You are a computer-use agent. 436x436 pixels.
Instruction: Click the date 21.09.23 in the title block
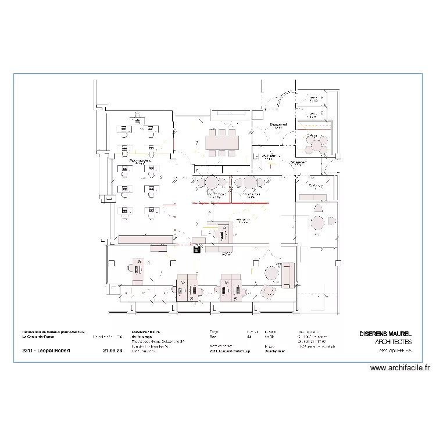coord(113,351)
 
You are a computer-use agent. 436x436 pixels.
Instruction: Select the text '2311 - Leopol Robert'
coord(47,351)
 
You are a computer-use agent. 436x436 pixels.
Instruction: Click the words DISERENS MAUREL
coord(385,334)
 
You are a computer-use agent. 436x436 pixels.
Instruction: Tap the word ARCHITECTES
coord(394,342)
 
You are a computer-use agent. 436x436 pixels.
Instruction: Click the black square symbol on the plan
coord(197,251)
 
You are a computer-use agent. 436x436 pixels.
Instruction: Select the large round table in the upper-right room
coord(316,144)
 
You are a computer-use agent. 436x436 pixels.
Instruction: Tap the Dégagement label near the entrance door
coord(278,125)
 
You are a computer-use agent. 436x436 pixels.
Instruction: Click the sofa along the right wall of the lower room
coord(287,274)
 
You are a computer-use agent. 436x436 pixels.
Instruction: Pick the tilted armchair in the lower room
coord(268,291)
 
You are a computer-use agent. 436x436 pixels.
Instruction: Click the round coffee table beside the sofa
coord(271,273)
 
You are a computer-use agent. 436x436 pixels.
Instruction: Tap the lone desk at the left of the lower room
coord(138,268)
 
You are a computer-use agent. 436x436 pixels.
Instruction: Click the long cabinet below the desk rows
coord(145,239)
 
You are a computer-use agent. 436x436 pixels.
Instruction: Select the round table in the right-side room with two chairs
coord(318,221)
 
